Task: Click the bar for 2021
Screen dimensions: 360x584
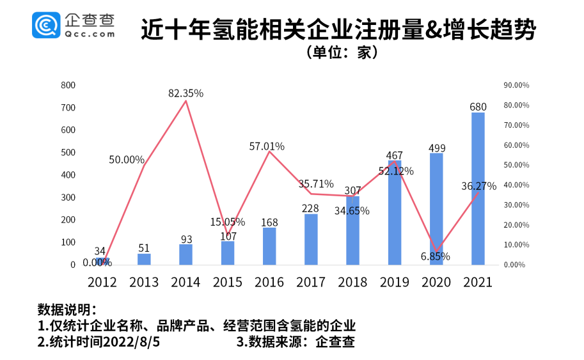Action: pos(478,189)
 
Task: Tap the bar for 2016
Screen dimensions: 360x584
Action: pos(269,246)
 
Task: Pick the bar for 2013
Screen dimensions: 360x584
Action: pos(144,258)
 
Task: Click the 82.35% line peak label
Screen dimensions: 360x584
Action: pos(185,93)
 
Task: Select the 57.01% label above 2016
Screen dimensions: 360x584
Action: pos(267,146)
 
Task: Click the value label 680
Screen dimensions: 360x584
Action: pos(478,107)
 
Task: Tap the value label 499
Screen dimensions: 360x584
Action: pos(436,148)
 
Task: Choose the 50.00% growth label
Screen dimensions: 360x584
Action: pos(126,160)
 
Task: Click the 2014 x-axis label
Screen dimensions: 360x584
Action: pos(185,282)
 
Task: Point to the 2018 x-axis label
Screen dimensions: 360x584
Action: pos(352,282)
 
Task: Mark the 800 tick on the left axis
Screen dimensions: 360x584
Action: pos(68,85)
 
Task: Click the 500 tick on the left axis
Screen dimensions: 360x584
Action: pos(68,153)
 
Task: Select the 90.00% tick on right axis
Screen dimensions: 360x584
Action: pos(516,85)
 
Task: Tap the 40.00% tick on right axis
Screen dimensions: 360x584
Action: pos(516,185)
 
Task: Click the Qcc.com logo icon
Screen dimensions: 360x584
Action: pos(46,25)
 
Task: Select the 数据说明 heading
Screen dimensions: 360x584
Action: pos(67,309)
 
